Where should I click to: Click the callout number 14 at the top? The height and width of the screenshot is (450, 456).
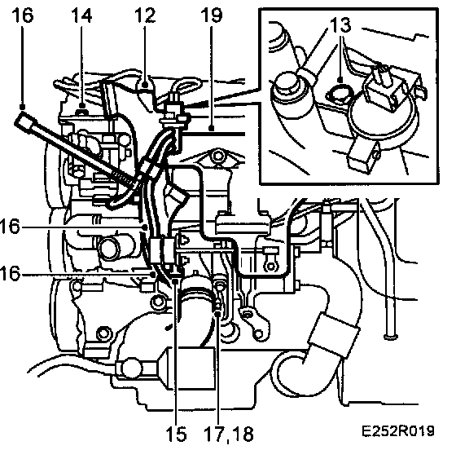(81, 15)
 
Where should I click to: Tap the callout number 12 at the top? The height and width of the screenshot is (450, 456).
(145, 15)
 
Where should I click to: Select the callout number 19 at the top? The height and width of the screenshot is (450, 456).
(212, 15)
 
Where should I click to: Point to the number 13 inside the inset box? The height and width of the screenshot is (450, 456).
(340, 25)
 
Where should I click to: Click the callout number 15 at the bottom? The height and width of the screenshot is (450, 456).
(176, 434)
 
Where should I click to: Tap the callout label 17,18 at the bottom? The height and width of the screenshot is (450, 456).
(229, 435)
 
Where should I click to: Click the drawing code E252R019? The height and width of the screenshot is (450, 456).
(398, 431)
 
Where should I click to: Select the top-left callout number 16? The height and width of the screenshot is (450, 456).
(23, 15)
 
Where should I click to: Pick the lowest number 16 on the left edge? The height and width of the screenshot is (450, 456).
(11, 274)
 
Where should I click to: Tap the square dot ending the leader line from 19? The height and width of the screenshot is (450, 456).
(212, 128)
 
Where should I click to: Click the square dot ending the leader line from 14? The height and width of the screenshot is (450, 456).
(82, 105)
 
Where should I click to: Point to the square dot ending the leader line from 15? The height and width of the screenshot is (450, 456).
(175, 280)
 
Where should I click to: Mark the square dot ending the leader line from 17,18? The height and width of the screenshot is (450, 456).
(217, 313)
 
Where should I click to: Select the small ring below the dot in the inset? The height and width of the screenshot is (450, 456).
(340, 94)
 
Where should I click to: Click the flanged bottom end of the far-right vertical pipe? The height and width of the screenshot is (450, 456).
(391, 337)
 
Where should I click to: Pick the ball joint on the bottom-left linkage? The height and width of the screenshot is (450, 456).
(130, 368)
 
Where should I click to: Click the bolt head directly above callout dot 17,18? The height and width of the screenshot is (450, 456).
(219, 285)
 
